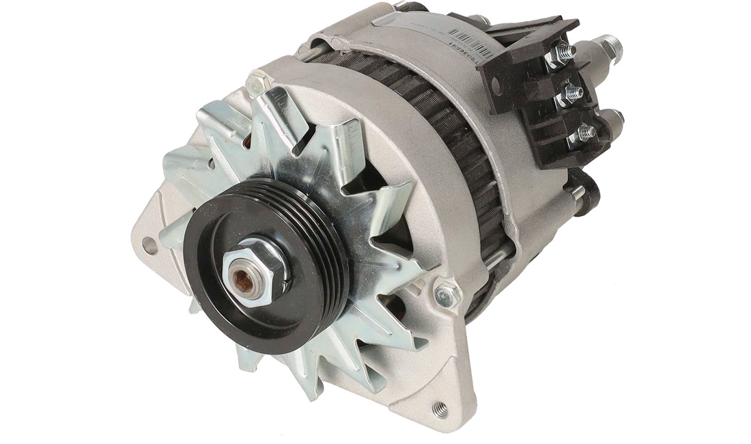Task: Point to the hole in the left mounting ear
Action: click(149, 247)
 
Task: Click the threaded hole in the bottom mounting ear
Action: click(440, 410)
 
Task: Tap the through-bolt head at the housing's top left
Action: click(259, 84)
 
